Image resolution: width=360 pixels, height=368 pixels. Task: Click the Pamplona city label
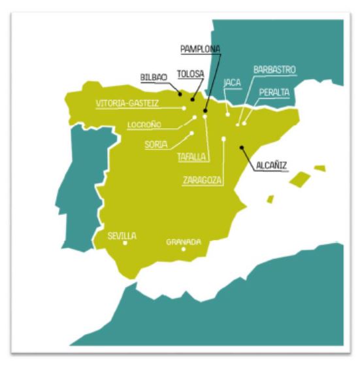point(201,49)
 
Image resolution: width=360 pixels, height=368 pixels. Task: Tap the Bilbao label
point(154,76)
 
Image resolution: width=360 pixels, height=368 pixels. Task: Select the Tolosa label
point(191,74)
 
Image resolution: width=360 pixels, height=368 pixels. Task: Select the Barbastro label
point(274,69)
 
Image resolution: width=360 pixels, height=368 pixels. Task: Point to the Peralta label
point(274,93)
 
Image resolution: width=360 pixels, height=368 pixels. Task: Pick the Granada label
point(184,241)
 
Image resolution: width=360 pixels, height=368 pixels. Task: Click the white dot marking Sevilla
point(125,243)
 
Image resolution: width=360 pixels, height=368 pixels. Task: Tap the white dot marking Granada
point(184,249)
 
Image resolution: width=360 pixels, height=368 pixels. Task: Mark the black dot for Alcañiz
point(242,147)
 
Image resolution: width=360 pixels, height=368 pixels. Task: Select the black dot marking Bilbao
point(179,94)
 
